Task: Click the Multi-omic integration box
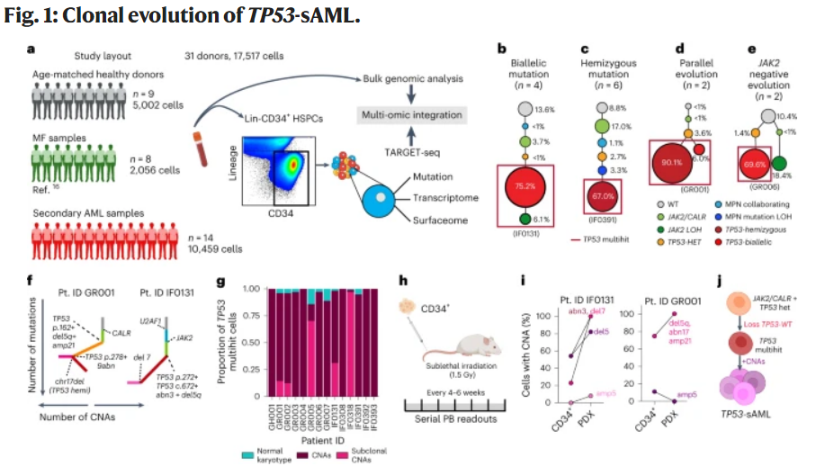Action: pos(412,115)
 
